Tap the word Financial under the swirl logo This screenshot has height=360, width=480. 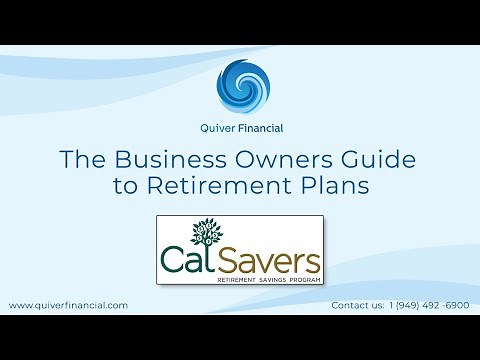[257, 127]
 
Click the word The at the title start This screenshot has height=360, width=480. [81, 160]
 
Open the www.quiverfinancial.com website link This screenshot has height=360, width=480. [68, 304]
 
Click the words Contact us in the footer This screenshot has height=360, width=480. [355, 304]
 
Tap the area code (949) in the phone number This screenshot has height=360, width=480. [407, 304]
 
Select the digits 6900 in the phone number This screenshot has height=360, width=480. [456, 304]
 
